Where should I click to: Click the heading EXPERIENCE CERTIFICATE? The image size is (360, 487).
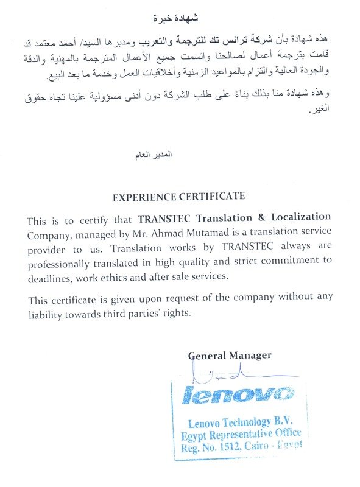click(x=179, y=197)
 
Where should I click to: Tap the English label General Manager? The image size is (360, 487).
click(x=230, y=356)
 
